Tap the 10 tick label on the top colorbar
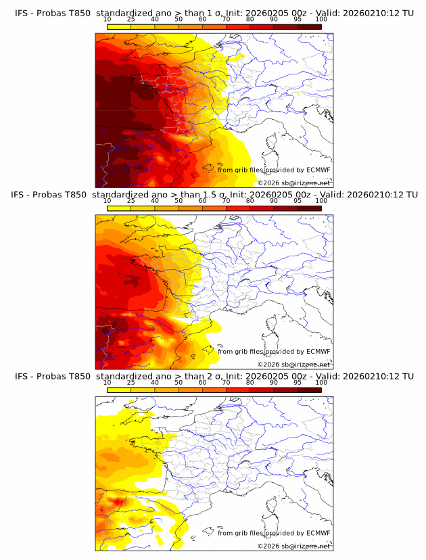(x=108, y=19)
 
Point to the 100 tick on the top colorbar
(x=321, y=19)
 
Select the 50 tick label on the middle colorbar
(x=179, y=200)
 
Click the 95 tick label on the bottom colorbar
(x=298, y=382)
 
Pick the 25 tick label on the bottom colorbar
(x=131, y=382)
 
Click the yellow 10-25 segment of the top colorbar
(x=119, y=26)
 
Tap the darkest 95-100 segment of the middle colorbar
(x=309, y=208)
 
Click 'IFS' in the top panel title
(x=22, y=14)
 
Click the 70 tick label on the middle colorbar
(x=226, y=200)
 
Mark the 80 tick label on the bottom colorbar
(x=250, y=382)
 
